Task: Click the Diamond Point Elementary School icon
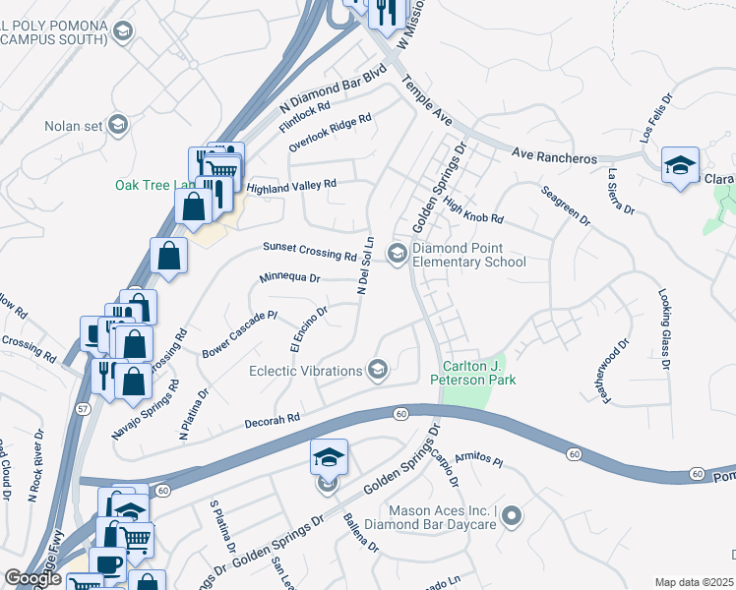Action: click(398, 254)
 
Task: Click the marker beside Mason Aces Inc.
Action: click(513, 517)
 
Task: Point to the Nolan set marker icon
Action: click(118, 125)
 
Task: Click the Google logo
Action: click(32, 578)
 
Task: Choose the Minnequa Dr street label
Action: click(289, 278)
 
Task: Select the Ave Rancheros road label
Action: click(555, 157)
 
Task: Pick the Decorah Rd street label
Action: click(272, 420)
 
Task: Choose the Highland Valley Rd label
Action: click(291, 185)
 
